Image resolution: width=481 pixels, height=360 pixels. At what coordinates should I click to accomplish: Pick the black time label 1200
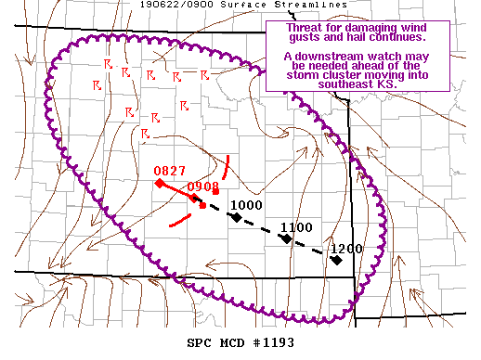coord(345,249)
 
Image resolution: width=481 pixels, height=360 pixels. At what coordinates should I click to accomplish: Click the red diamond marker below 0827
coord(160,183)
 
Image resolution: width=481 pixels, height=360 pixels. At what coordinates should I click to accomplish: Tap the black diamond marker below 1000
coord(237,217)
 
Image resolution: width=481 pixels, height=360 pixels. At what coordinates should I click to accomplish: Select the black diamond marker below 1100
coord(287,238)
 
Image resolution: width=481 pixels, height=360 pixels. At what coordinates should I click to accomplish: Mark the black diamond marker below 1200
coord(336,260)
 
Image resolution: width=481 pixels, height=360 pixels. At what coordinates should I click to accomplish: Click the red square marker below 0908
coord(202,204)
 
